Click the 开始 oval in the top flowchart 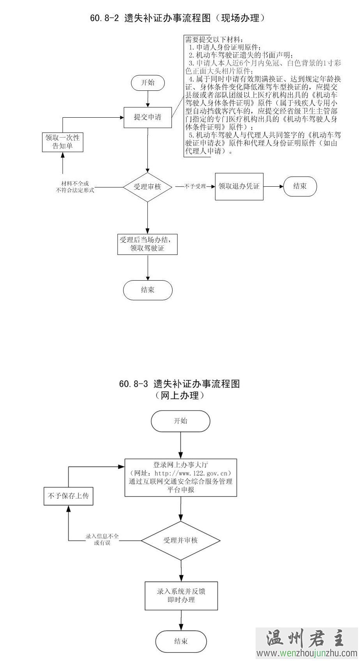(x=148, y=83)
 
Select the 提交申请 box (x=148, y=117)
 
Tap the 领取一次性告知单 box (x=62, y=142)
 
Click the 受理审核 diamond (x=147, y=187)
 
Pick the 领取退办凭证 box (x=239, y=187)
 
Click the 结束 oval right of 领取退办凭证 (x=300, y=187)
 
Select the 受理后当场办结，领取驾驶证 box (x=148, y=244)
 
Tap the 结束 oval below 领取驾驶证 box (x=148, y=290)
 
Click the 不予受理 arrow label (x=195, y=187)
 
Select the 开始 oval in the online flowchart (x=181, y=421)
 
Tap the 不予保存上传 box (x=68, y=496)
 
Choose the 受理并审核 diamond (x=181, y=541)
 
